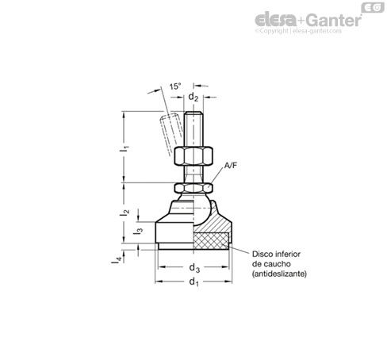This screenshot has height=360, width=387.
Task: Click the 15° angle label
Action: click(x=175, y=86)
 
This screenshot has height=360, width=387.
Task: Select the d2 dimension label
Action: click(x=193, y=97)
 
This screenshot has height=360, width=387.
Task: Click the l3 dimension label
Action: click(x=138, y=231)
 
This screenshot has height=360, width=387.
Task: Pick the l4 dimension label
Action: click(x=117, y=260)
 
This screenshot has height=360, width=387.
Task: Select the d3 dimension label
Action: click(x=194, y=268)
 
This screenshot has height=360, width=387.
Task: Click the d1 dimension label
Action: click(x=193, y=281)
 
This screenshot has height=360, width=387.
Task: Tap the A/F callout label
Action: click(x=231, y=166)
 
